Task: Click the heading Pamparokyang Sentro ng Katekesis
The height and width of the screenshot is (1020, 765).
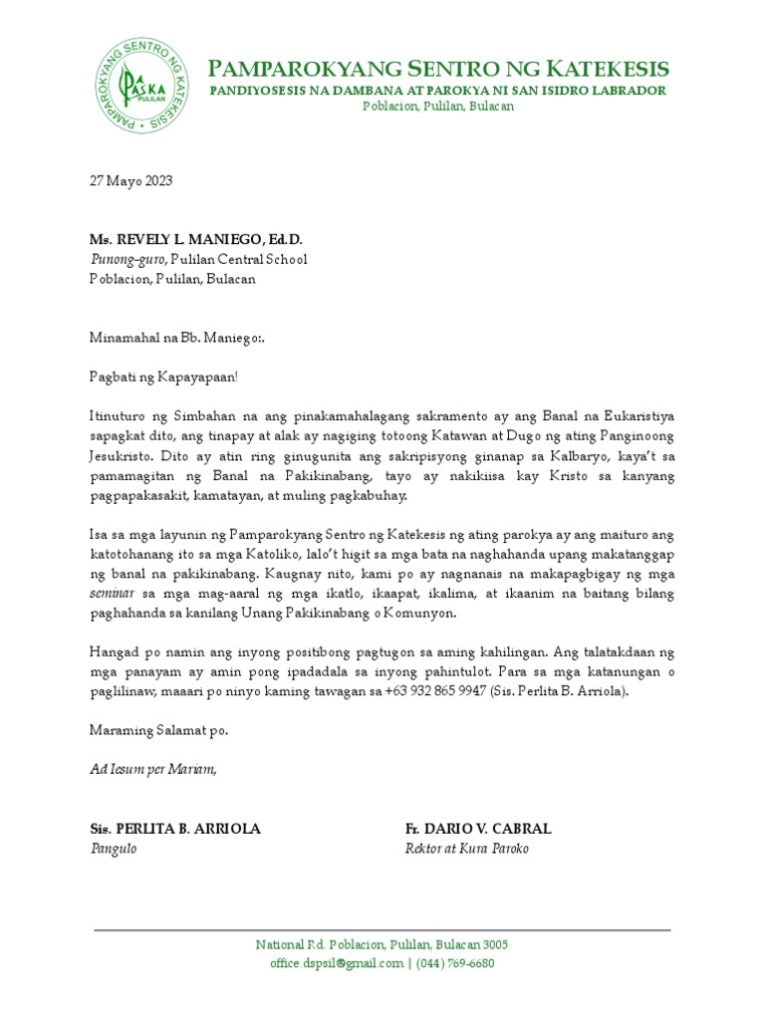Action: pyautogui.click(x=437, y=69)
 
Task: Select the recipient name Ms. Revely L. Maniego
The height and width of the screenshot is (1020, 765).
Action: pyautogui.click(x=196, y=240)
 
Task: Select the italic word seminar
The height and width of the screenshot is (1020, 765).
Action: pyautogui.click(x=110, y=594)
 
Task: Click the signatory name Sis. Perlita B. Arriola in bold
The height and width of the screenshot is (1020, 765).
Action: pyautogui.click(x=175, y=829)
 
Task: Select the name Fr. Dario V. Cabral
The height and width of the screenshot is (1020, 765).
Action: pyautogui.click(x=478, y=829)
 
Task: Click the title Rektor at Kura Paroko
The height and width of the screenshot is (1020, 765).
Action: pyautogui.click(x=466, y=849)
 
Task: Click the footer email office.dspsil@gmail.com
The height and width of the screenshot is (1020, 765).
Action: pyautogui.click(x=336, y=963)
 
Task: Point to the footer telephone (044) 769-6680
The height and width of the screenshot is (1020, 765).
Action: pyautogui.click(x=455, y=963)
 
